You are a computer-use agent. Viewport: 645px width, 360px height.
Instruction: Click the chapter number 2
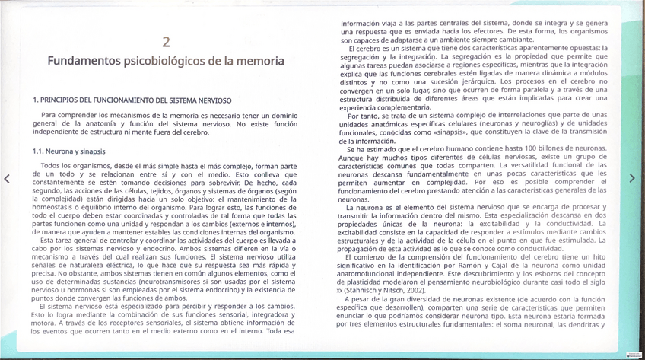(x=166, y=42)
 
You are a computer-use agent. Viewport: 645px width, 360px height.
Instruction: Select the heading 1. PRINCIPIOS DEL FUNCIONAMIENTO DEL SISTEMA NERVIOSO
(x=132, y=100)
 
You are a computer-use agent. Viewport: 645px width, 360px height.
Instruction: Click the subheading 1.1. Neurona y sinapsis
(x=69, y=151)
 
